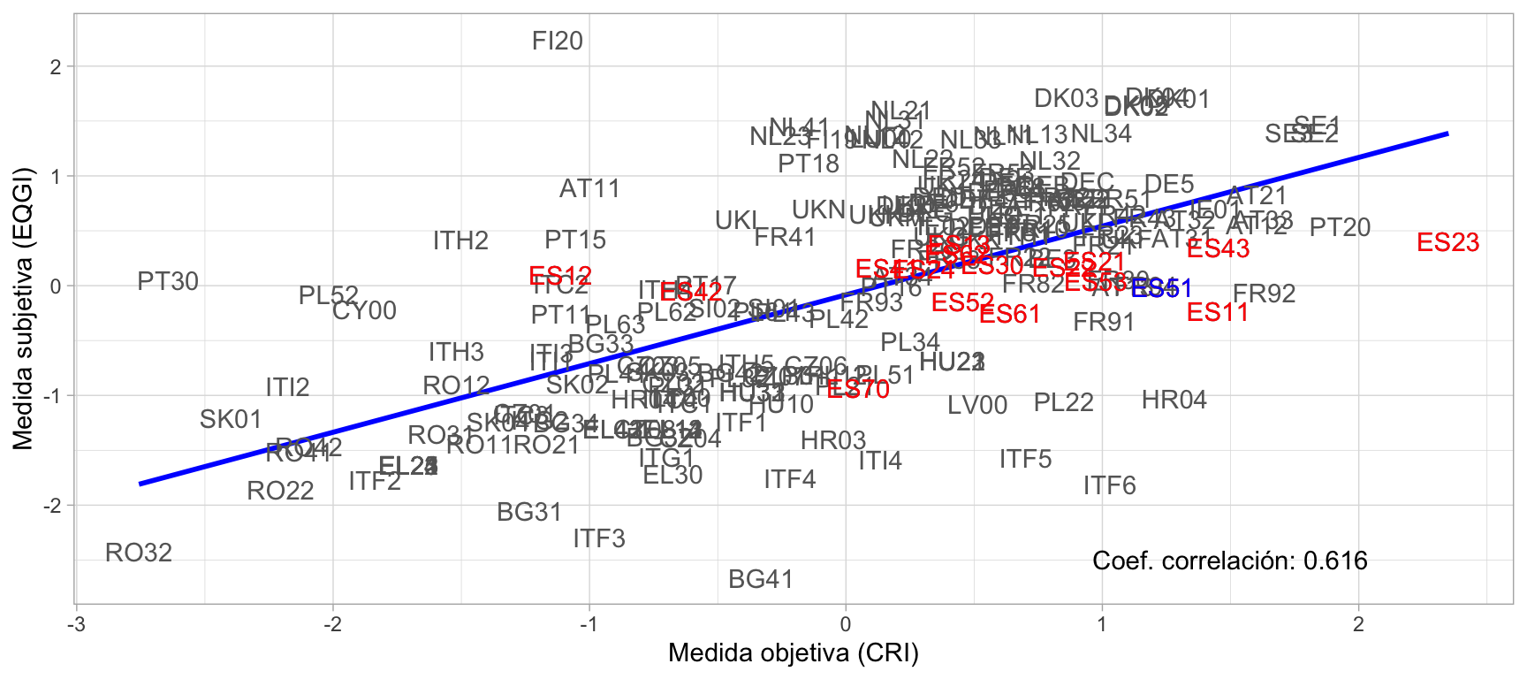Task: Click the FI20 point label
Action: click(558, 42)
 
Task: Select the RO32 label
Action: click(139, 553)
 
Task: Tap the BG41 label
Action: click(761, 580)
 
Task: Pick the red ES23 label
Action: click(1447, 243)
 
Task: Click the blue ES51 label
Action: click(1162, 289)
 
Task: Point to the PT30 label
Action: click(168, 282)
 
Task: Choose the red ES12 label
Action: click(560, 277)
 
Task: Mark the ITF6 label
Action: click(1109, 486)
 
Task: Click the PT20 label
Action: click(1340, 228)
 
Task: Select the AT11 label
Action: click(589, 189)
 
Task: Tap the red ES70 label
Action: click(858, 390)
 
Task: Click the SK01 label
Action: click(231, 420)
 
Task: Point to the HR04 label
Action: click(1174, 401)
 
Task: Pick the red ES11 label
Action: click(1218, 313)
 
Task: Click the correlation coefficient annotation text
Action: click(1229, 561)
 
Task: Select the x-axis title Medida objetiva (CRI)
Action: click(794, 653)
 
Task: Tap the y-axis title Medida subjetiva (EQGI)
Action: click(23, 309)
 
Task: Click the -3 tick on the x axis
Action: click(77, 625)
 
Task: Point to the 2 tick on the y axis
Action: click(56, 67)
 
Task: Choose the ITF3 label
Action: click(599, 539)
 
